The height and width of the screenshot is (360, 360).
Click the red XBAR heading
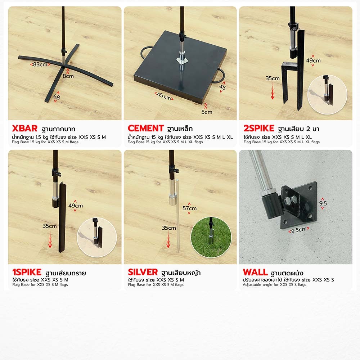(24, 129)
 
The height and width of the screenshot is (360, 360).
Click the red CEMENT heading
(145, 128)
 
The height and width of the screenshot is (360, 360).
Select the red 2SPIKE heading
(259, 128)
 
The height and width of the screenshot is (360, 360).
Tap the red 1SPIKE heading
(27, 272)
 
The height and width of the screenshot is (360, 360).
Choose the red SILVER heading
(143, 272)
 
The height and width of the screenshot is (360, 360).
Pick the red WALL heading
(255, 272)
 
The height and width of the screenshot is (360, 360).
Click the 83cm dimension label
(40, 64)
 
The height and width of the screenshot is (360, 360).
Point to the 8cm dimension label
(68, 76)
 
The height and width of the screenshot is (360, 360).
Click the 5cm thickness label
(207, 112)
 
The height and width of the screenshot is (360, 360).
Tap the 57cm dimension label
(189, 208)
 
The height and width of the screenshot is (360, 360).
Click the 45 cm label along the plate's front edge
(164, 96)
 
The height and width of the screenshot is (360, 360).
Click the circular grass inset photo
(211, 237)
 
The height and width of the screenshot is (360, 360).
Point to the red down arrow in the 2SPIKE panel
(273, 91)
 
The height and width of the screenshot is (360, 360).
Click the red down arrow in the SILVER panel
(168, 240)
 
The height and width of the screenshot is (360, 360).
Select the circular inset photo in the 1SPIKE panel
(97, 237)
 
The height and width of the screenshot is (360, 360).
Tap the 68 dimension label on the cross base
(57, 97)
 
